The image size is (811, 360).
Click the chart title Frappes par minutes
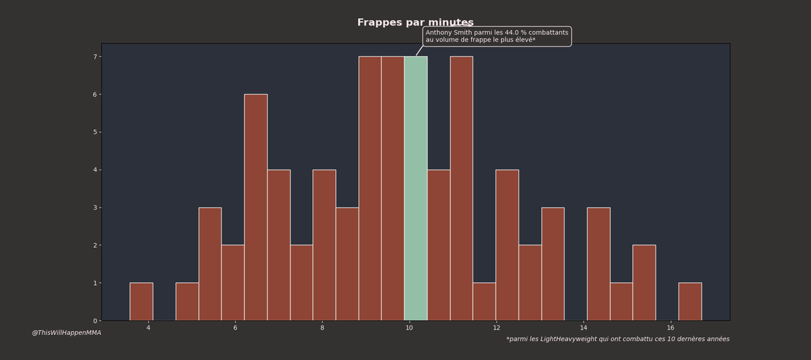[x=415, y=23]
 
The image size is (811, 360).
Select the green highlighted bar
[x=416, y=189]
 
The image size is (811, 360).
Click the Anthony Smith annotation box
[x=497, y=36]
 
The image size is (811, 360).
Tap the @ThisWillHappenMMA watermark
[x=66, y=333]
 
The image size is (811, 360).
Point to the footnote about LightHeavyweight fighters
[x=618, y=339]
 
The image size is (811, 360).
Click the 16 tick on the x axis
[x=670, y=328]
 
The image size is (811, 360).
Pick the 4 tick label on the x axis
[x=149, y=328]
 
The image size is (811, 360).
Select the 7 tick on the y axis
[x=95, y=57]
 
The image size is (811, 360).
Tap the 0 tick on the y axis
[x=95, y=321]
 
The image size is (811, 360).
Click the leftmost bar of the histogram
[x=141, y=302]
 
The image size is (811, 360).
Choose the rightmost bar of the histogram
[x=690, y=302]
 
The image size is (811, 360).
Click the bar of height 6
[x=255, y=208]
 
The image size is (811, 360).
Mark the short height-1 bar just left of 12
[x=484, y=302]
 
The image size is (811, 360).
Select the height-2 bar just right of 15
[x=644, y=283]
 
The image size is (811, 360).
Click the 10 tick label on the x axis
[x=409, y=328]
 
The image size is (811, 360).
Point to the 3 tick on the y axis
[x=95, y=207]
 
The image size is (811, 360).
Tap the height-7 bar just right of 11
[x=462, y=189]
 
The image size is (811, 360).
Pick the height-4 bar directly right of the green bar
[x=439, y=245]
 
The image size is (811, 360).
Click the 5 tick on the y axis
[x=95, y=132]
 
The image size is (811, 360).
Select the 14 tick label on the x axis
[x=583, y=328]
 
